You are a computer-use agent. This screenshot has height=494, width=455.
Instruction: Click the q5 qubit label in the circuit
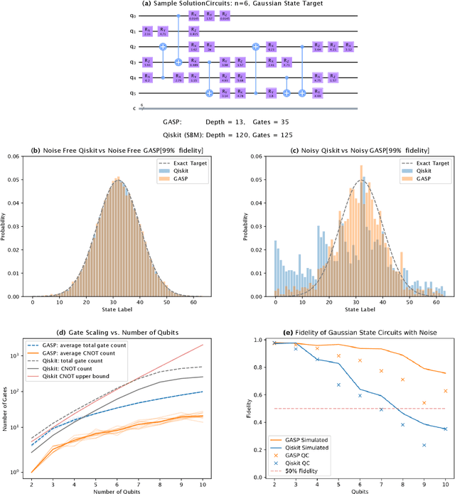(133, 92)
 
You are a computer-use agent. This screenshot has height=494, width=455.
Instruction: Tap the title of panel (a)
(228, 5)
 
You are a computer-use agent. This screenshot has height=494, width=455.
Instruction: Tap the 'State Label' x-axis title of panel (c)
(363, 310)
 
